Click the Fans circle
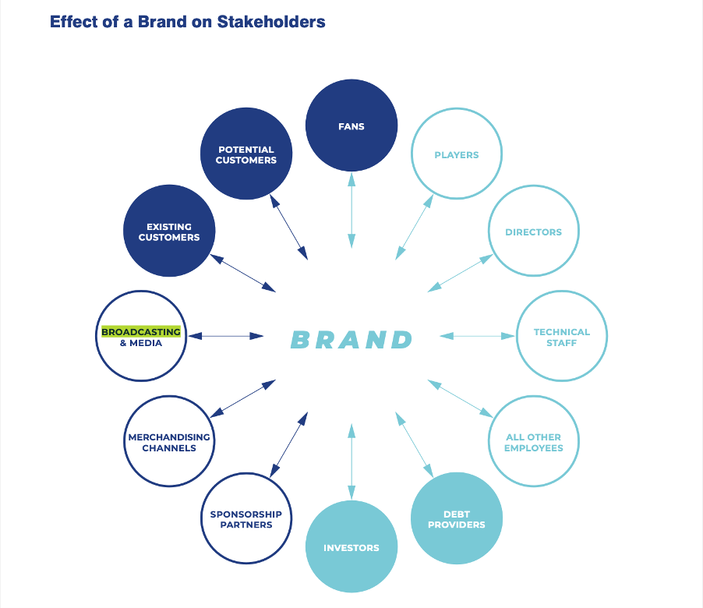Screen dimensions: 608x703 click(x=351, y=125)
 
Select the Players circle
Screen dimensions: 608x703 click(x=456, y=154)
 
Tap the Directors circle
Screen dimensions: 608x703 click(x=533, y=231)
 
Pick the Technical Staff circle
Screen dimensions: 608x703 click(x=561, y=337)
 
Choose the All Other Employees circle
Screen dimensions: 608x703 click(x=533, y=442)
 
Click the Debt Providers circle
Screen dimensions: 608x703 click(x=456, y=518)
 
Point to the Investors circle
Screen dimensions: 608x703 click(x=351, y=547)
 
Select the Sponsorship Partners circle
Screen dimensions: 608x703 click(x=246, y=518)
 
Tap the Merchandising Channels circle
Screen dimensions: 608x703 click(x=169, y=442)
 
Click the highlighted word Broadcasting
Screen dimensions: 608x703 click(x=141, y=331)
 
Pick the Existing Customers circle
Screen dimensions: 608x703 click(x=169, y=231)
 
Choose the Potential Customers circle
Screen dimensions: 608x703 click(x=246, y=154)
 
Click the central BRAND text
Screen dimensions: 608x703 click(x=351, y=340)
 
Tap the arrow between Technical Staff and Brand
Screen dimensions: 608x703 click(x=478, y=336)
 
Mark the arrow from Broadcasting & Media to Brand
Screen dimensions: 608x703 click(x=227, y=336)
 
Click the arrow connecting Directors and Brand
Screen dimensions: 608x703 click(x=460, y=273)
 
